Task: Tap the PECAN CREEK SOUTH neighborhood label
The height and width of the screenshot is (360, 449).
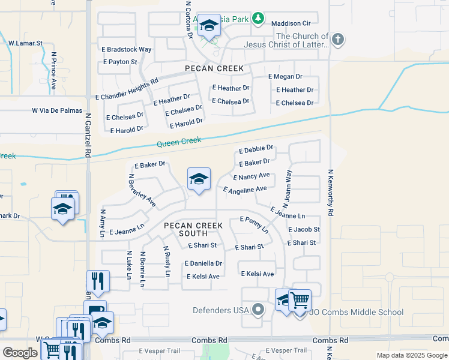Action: (x=193, y=229)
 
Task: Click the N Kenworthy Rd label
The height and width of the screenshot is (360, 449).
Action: (x=330, y=193)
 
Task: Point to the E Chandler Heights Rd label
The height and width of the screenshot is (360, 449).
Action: (x=127, y=88)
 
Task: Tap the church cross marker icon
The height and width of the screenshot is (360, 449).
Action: (x=338, y=40)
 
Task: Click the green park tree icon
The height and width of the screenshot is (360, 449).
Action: (x=258, y=19)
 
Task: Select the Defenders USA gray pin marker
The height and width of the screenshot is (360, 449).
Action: (x=258, y=310)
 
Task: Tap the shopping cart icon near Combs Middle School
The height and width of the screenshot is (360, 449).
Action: (x=300, y=299)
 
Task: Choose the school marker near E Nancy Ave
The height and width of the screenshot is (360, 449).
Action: (x=199, y=179)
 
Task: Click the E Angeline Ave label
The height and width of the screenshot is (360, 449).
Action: (x=245, y=190)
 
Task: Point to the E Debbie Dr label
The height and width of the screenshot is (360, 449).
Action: (x=256, y=149)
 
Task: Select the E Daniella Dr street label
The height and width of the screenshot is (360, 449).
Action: (x=203, y=263)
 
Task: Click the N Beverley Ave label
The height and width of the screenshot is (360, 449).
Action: (x=142, y=191)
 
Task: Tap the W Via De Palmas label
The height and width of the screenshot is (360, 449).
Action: (x=56, y=110)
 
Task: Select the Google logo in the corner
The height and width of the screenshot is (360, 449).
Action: (x=20, y=352)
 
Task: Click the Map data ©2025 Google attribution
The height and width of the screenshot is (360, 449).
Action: (x=412, y=355)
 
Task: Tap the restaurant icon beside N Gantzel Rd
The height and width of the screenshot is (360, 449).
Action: (x=98, y=280)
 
